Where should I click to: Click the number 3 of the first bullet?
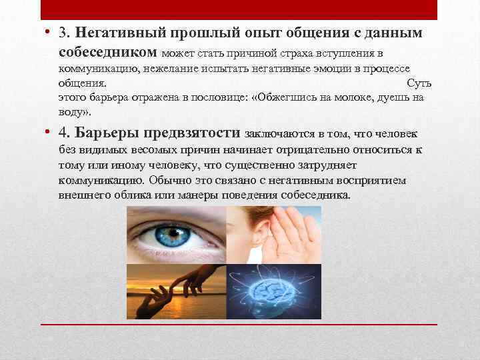[63, 33]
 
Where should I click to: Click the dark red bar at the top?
[239, 9]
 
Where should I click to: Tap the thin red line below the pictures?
[239, 324]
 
